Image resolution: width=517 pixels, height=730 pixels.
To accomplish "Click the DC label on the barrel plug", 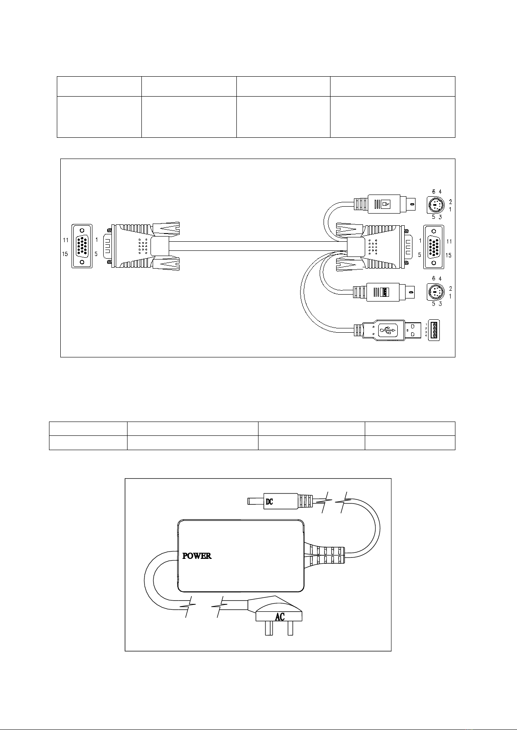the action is (269, 502).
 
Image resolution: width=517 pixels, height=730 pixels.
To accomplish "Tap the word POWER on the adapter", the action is (196, 556).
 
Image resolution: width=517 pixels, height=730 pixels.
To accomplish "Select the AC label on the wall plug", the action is (280, 617).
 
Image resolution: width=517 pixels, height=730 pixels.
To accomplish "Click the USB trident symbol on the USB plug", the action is (388, 331).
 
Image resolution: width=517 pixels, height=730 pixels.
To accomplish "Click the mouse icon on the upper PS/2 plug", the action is (386, 204).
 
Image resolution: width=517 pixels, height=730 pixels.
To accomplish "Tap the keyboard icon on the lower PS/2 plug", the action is (386, 292).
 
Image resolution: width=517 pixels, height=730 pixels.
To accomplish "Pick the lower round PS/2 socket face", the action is (436, 292).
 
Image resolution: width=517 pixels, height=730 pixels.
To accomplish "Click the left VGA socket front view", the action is (82, 246).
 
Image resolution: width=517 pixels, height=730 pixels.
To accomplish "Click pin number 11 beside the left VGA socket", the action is (66, 240).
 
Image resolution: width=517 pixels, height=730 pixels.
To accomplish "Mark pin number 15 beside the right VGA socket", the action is (449, 255).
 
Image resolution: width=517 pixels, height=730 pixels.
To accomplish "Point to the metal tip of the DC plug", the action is (256, 501).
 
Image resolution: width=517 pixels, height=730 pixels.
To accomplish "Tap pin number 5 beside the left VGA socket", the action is (96, 254).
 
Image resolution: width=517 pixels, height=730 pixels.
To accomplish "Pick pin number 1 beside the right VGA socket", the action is (420, 240).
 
